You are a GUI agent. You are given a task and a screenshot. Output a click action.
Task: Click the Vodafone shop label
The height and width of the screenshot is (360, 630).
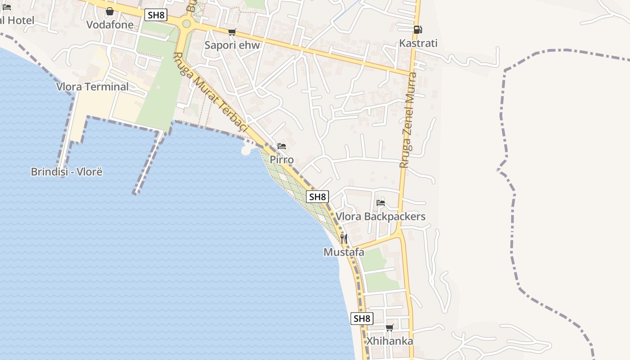pos(110,25)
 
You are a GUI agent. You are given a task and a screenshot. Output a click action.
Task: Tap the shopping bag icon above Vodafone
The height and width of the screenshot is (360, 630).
pos(110,11)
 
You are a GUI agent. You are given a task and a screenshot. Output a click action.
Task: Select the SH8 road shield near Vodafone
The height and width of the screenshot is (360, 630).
pos(156,15)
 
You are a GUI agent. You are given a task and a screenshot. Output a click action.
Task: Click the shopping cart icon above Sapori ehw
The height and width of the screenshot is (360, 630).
pos(232,32)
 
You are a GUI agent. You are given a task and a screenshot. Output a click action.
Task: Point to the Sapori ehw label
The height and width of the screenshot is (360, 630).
pos(232,45)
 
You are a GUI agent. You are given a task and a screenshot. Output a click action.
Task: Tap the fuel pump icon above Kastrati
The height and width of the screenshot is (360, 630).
pos(418,30)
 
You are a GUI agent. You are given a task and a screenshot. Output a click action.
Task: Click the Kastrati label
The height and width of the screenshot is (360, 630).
pos(418,44)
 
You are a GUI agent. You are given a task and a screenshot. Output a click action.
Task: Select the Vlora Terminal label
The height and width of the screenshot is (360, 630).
pos(92,87)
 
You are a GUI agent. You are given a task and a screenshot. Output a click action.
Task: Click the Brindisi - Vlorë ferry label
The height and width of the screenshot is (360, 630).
pos(67,172)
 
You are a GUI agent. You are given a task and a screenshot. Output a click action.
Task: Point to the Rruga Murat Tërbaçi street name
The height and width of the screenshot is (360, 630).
pos(211,93)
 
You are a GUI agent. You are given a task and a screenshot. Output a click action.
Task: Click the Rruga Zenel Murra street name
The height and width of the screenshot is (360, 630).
pos(409,120)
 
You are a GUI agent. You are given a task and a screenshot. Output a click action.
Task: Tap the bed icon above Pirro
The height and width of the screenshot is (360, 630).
pos(282,146)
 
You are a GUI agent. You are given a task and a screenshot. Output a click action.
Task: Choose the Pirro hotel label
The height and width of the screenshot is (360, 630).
pos(282,160)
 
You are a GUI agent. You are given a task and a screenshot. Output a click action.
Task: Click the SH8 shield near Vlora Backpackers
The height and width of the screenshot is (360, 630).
pos(317,197)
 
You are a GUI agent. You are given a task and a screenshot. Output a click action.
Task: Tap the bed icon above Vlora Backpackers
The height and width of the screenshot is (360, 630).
pos(381,202)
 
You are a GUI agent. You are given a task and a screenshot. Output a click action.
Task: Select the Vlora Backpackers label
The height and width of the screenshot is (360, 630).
pos(381,216)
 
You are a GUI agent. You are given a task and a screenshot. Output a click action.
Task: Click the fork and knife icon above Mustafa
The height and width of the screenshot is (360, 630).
pos(344,238)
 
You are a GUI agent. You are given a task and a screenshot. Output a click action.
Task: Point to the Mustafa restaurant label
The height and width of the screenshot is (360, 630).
pos(344,252)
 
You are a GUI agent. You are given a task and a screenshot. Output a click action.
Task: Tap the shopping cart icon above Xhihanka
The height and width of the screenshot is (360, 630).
pos(390,328)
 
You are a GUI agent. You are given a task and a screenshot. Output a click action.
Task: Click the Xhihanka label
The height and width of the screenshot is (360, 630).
pos(390,341)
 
